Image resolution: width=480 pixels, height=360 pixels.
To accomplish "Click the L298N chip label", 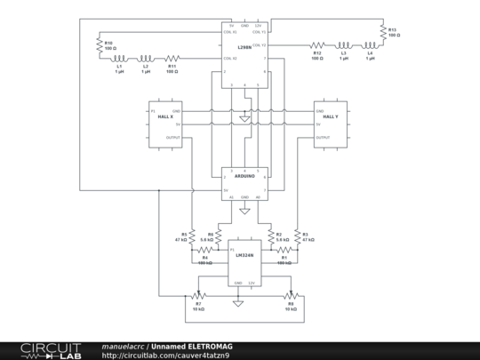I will (244, 45).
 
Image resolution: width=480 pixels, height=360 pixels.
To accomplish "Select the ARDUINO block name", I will (244, 177).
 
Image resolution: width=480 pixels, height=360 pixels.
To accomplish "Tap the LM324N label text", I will (244, 255).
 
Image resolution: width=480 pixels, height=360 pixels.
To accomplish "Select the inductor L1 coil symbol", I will (119, 59).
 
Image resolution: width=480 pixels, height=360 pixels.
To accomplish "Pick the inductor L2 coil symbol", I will (145, 59).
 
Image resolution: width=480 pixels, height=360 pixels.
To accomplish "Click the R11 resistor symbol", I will (171, 59).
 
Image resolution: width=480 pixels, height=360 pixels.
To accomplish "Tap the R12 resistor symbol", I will (316, 44).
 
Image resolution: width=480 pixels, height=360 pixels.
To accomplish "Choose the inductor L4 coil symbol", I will (369, 44).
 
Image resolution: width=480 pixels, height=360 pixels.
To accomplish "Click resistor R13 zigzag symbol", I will (382, 33).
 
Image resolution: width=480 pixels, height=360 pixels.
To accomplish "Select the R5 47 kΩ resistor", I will (191, 236).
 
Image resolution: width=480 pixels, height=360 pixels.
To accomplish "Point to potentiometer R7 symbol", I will (198, 296).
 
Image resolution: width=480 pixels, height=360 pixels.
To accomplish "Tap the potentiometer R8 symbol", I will (290, 296).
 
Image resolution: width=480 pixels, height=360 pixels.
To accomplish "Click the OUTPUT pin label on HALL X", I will (173, 138).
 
